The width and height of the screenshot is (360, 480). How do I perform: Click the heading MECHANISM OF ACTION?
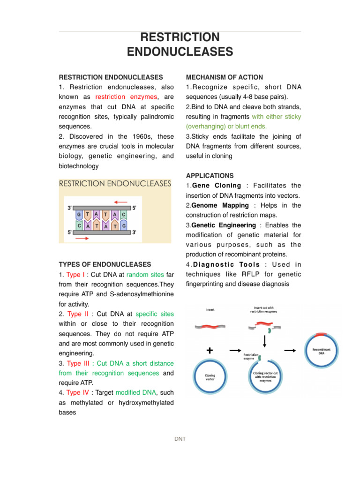224,77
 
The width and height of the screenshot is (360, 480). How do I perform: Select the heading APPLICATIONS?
210,175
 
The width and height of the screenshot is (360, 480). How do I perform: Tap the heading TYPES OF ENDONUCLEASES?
105,264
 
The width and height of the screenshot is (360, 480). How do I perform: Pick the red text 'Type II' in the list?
77,314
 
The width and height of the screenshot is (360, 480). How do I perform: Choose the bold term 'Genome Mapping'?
220,205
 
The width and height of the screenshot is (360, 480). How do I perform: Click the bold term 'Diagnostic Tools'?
224,264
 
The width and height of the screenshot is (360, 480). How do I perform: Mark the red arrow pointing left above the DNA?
120,202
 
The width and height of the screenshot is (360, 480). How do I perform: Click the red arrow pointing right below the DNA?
81,239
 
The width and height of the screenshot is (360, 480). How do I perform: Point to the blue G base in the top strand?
79,214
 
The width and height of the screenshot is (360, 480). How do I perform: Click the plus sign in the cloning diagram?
209,350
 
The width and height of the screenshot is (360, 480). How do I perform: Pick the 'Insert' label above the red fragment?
210,309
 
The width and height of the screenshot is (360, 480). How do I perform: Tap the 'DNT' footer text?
180,439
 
